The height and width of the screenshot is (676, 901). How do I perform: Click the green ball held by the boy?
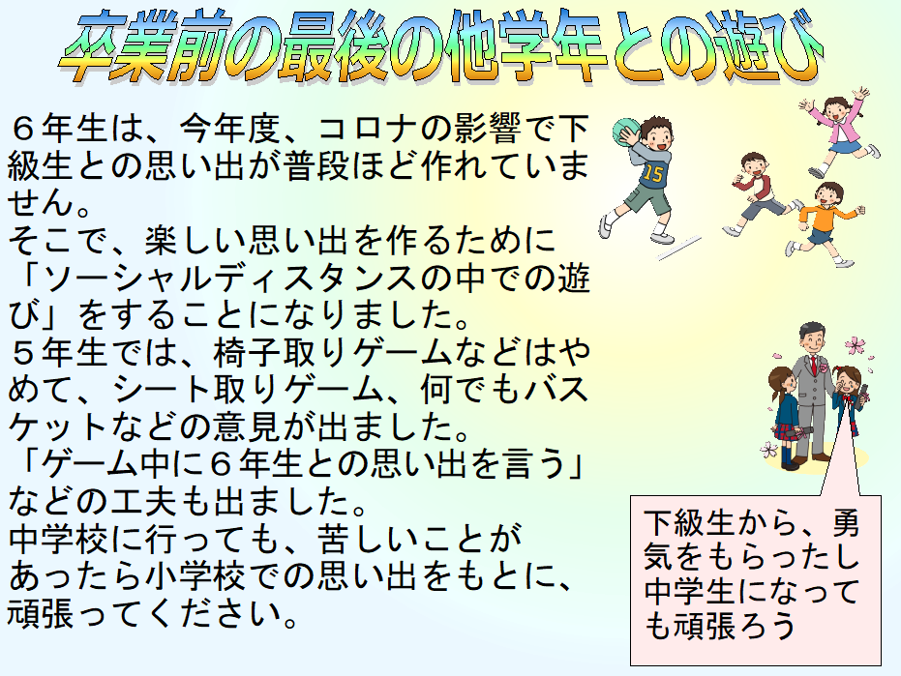(625, 132)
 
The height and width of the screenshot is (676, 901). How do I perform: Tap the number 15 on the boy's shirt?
(652, 173)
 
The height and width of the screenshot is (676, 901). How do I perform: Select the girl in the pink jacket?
(840, 132)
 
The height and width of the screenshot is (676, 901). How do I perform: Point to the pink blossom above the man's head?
(856, 345)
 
